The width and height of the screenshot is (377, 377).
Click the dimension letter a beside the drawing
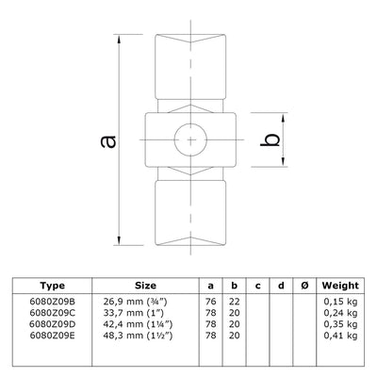coord(109,140)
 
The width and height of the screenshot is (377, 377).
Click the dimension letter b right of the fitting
coord(270,140)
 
